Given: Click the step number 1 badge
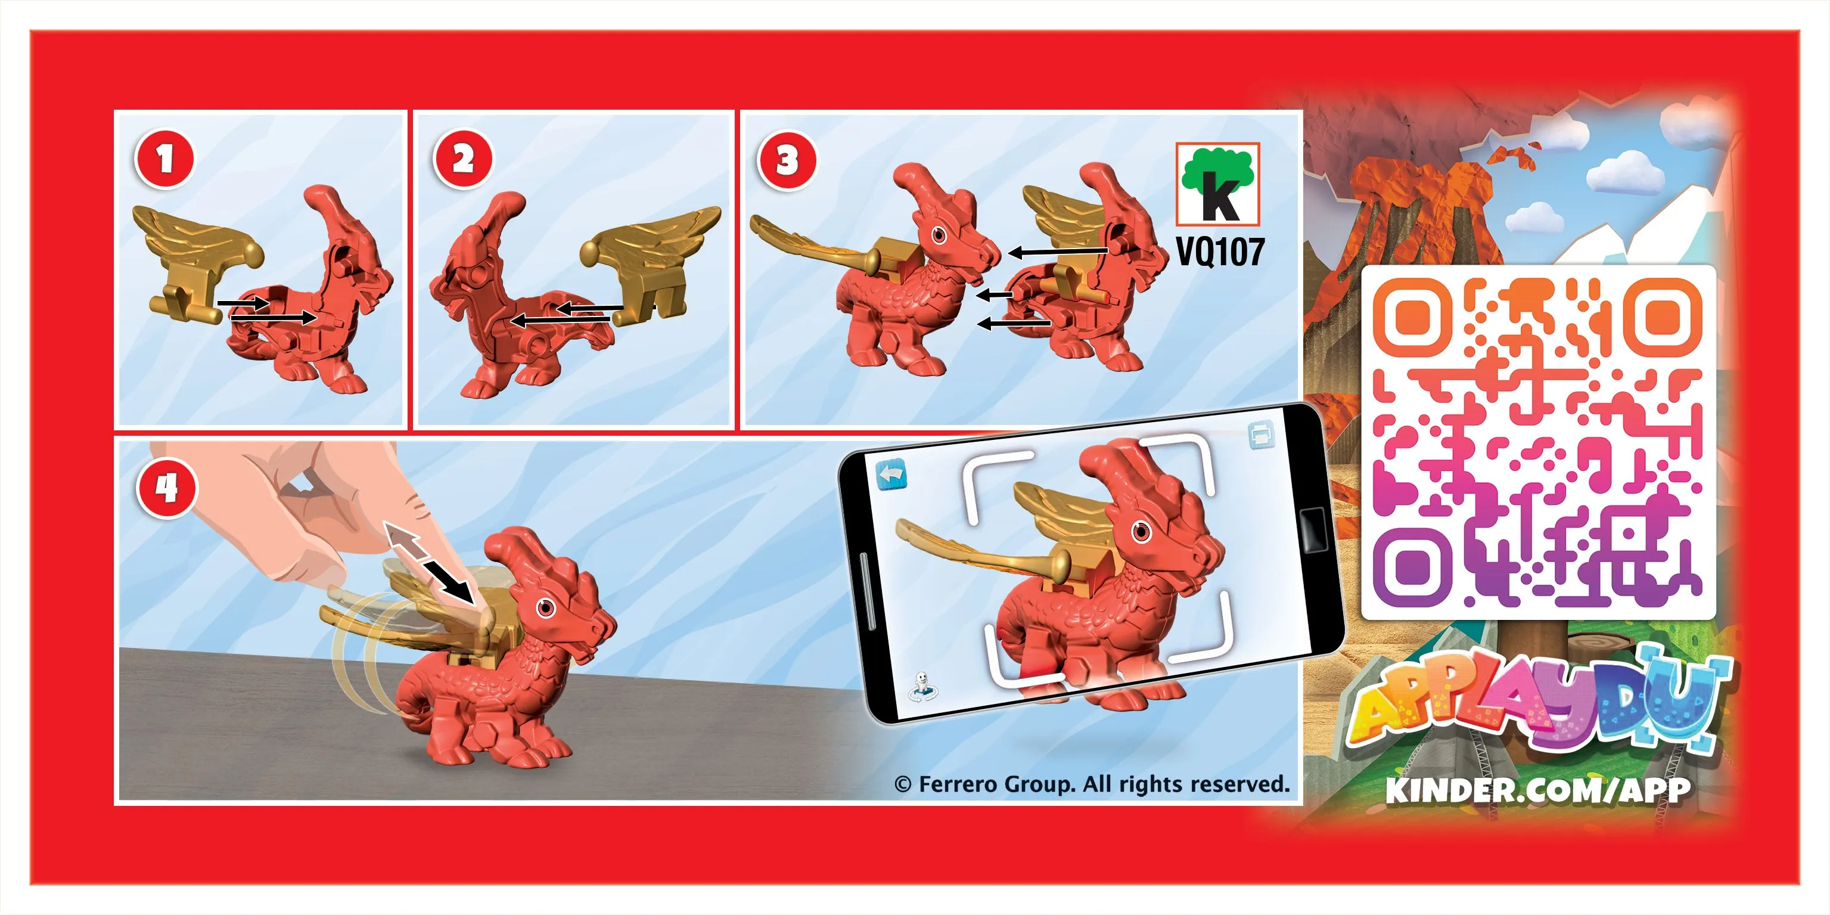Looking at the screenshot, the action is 164,159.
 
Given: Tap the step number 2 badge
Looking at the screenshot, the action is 463,159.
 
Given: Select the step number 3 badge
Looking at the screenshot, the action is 787,160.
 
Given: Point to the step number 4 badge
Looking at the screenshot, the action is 167,488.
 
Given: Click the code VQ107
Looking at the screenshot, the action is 1220,252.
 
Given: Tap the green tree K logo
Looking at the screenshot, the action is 1217,184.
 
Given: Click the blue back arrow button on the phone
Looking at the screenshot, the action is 891,475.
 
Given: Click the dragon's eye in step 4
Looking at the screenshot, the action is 546,607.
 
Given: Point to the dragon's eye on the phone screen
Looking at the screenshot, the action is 1142,530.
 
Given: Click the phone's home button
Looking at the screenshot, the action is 1312,529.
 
